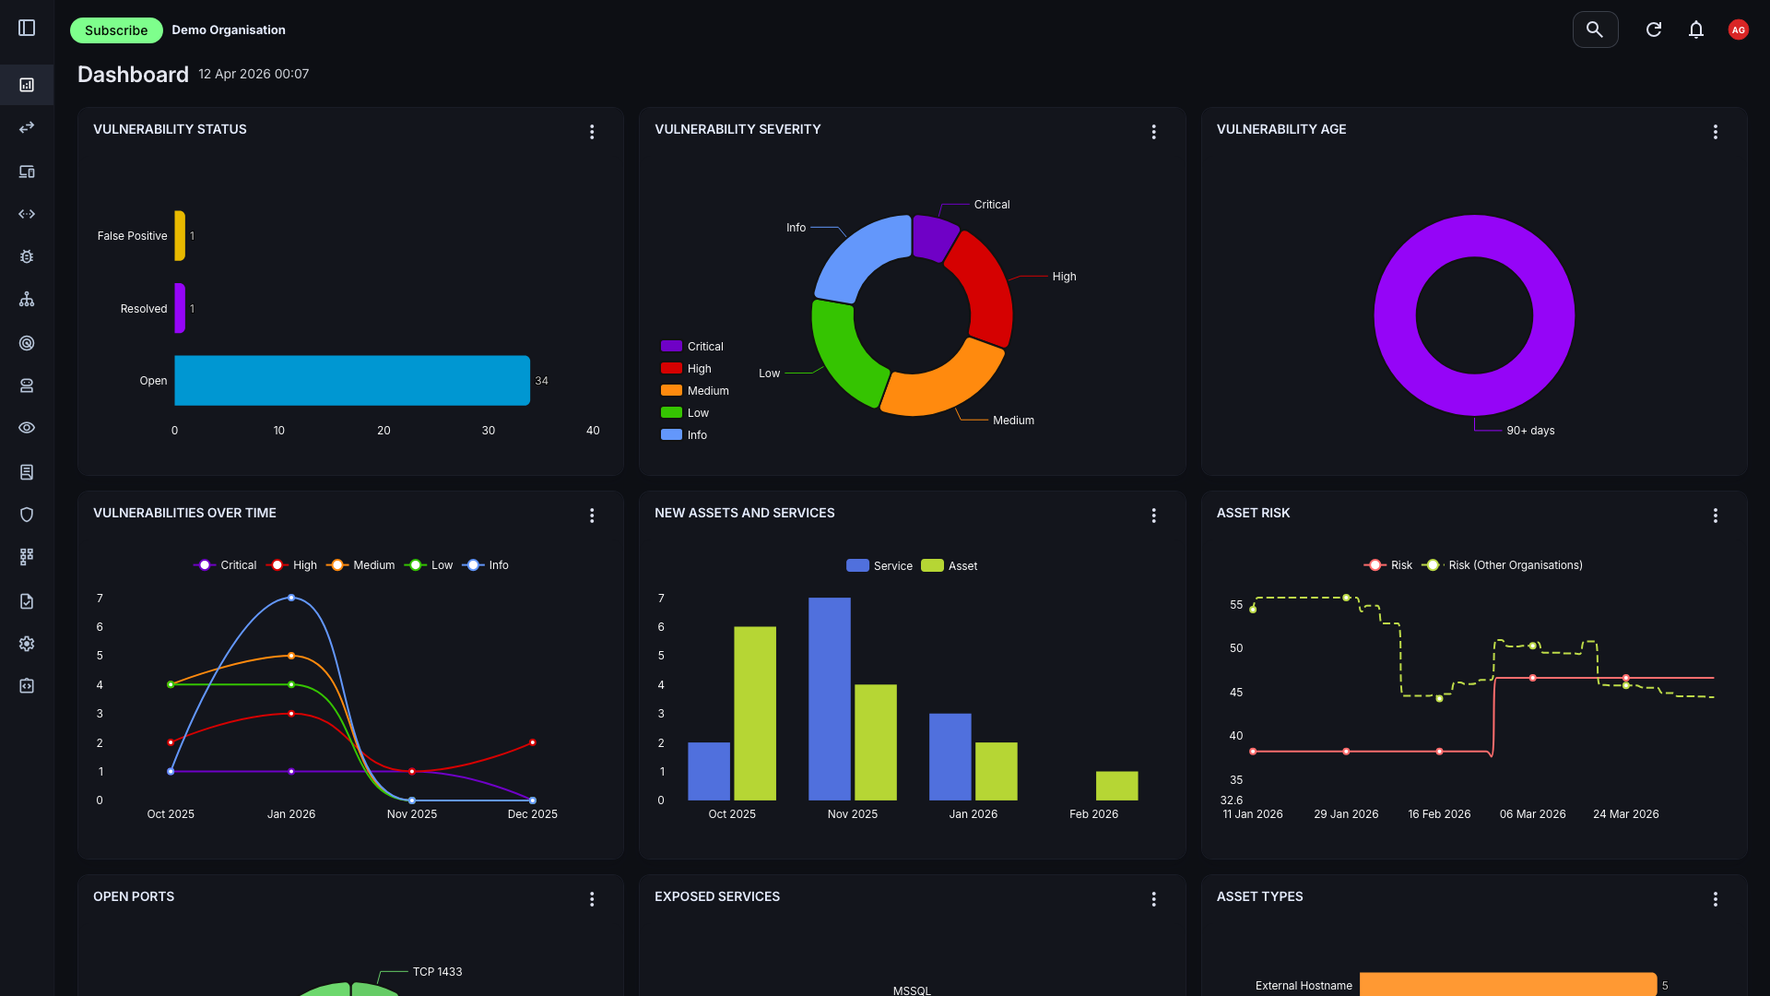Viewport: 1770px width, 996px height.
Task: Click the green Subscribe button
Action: (116, 30)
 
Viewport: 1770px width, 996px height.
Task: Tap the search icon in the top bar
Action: (1595, 30)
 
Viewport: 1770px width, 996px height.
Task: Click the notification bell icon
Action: (1695, 30)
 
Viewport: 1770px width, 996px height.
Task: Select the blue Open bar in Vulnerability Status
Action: (351, 380)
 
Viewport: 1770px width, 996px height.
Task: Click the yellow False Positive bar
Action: (180, 236)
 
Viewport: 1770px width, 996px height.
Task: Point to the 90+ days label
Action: (1529, 431)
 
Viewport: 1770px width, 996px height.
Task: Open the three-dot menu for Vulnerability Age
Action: (1715, 132)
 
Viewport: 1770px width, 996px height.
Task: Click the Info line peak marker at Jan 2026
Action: (291, 598)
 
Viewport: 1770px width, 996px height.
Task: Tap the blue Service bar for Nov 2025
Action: (829, 698)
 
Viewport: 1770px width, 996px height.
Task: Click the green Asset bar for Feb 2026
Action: (1116, 786)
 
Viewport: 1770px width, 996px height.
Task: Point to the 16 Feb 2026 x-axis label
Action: (1439, 814)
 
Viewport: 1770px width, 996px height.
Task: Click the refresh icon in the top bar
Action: (1653, 30)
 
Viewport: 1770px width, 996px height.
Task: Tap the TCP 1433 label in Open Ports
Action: (437, 972)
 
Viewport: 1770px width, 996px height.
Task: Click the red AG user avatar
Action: (1738, 30)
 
